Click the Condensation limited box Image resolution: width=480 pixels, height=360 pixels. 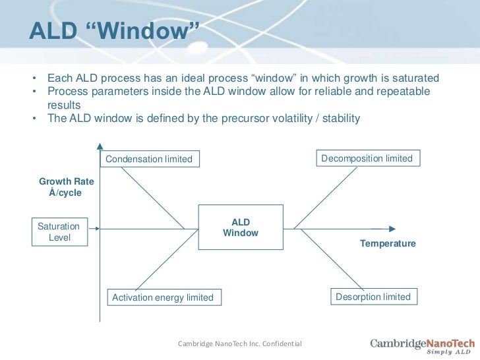coord(149,159)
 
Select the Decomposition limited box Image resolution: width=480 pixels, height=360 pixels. coord(367,158)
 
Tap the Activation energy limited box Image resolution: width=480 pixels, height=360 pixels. coord(163,297)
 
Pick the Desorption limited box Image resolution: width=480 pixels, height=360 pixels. coord(373,297)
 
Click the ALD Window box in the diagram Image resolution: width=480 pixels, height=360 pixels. coord(241,227)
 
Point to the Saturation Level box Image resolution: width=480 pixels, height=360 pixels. coord(59,231)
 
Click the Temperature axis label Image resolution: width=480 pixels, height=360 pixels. coord(388,244)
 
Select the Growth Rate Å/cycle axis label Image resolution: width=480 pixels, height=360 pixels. coord(66,187)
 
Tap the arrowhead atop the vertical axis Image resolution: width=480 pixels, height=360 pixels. coord(100,146)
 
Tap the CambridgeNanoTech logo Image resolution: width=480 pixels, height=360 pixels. coord(422,343)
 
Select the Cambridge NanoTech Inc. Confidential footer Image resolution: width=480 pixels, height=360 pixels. coord(240,344)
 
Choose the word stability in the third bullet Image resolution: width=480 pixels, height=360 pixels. coord(340,119)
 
